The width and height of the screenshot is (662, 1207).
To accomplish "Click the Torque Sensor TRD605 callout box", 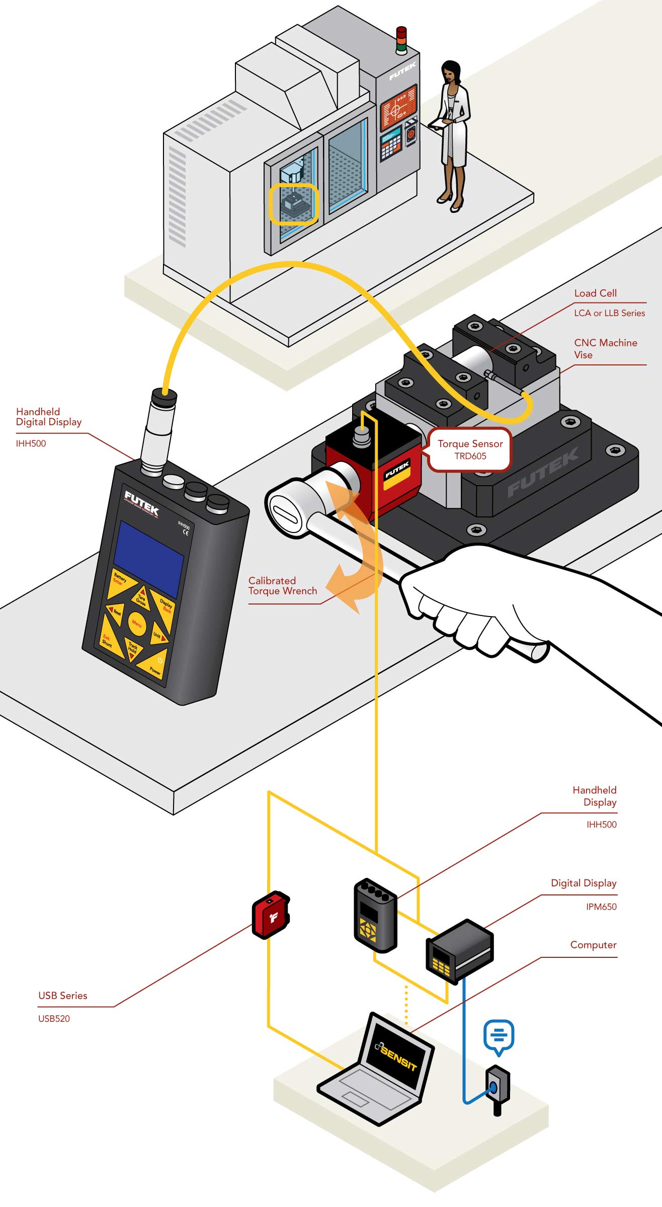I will (470, 449).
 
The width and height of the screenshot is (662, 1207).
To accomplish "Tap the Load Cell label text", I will (595, 293).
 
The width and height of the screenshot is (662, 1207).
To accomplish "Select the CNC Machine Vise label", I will (605, 348).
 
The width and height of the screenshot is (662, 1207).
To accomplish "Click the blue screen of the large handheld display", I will (148, 559).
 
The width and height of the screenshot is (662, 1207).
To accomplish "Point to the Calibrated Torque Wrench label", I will (282, 585).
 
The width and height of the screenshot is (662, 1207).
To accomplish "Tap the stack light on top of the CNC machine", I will (401, 40).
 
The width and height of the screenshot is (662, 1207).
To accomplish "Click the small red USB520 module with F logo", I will (271, 916).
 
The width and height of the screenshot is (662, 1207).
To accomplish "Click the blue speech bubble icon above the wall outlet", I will (498, 1036).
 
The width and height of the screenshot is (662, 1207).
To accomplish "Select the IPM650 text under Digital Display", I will (601, 907).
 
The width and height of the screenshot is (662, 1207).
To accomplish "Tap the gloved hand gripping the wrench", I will (468, 599).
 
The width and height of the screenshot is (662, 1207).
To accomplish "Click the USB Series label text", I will (63, 995).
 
